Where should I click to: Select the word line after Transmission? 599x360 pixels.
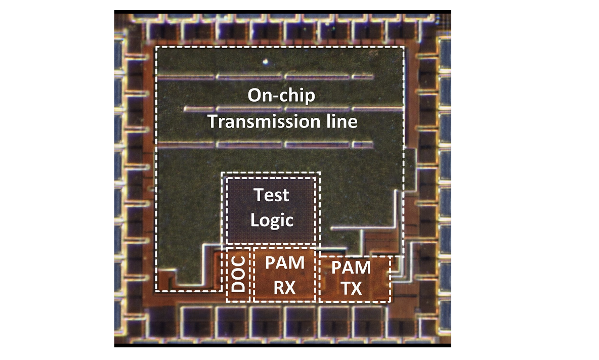[x=339, y=122]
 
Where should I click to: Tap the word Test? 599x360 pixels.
[x=272, y=195]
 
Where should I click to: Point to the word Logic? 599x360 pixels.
[x=272, y=220]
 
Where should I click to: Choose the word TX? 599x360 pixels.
[x=351, y=289]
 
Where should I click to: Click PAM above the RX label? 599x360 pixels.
[x=285, y=263]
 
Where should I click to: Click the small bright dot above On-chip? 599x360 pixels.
[x=265, y=62]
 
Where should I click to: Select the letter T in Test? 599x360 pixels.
[x=259, y=195]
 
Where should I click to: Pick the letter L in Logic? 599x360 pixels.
[x=255, y=220]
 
